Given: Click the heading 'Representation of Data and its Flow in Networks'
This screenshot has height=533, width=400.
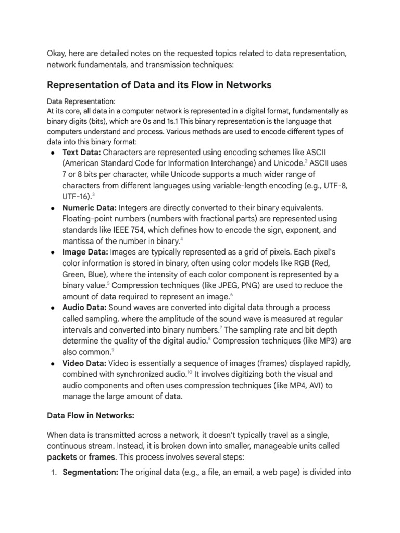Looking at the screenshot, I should pos(159,85).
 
